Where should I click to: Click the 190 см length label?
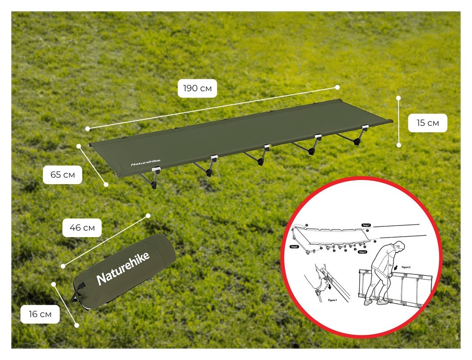pyautogui.click(x=197, y=88)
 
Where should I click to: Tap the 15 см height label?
pyautogui.click(x=427, y=123)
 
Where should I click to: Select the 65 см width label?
pyautogui.click(x=62, y=175)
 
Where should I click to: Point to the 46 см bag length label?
pyautogui.click(x=82, y=228)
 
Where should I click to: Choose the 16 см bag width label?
pyautogui.click(x=40, y=314)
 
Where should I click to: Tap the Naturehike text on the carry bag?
pyautogui.click(x=123, y=268)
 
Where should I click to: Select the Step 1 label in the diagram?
pyautogui.click(x=366, y=225)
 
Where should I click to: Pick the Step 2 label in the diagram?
pyautogui.click(x=295, y=247)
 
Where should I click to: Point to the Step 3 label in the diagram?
pyautogui.click(x=362, y=252)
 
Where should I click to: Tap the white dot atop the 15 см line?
pyautogui.click(x=398, y=97)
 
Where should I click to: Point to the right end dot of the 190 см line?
pyautogui.click(x=337, y=87)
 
